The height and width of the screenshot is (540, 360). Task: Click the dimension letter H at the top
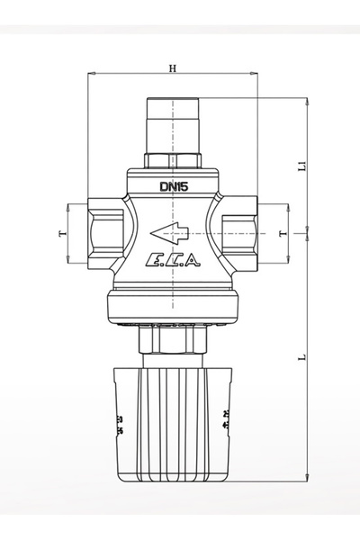pyautogui.click(x=172, y=67)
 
